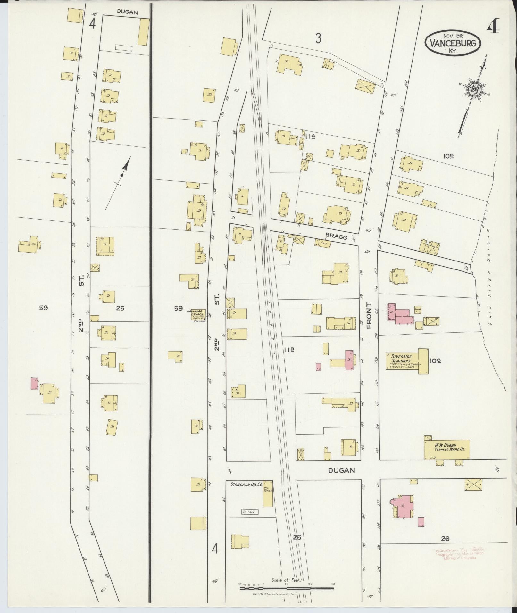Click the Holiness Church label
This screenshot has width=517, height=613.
197,314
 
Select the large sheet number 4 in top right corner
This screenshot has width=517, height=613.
493,28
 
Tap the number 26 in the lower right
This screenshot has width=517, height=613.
445,539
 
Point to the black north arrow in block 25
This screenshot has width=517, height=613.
122,175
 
